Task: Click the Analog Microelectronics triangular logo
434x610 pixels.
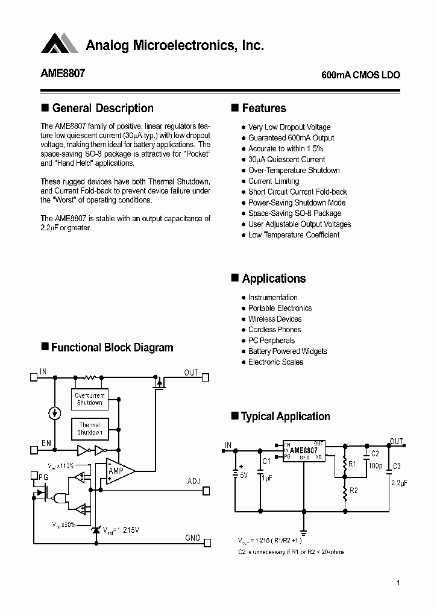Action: (x=60, y=43)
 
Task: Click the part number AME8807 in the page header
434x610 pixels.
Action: (x=63, y=74)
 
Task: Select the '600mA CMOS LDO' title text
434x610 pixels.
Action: (x=360, y=76)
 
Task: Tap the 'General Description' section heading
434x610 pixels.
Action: (x=102, y=108)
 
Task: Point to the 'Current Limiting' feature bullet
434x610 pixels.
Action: (x=274, y=181)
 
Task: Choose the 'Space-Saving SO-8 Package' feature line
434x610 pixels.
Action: (x=295, y=213)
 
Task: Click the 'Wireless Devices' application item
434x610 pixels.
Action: (x=275, y=319)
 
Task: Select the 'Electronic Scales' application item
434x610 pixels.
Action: (x=275, y=362)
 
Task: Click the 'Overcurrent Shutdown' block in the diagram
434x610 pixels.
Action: (x=90, y=399)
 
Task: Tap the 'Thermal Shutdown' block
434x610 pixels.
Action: (x=90, y=429)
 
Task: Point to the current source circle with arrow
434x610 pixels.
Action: (x=55, y=413)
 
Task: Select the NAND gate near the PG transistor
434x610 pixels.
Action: (x=59, y=498)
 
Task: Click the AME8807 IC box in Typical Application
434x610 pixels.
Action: (x=304, y=450)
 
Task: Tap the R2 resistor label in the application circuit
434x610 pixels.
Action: (x=353, y=490)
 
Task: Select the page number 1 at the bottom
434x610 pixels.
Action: (x=398, y=583)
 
